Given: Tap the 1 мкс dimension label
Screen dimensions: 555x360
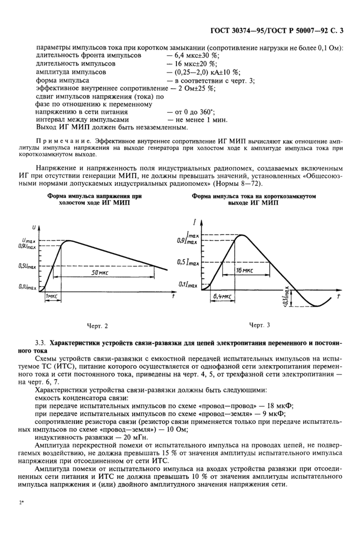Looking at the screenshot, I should click(51, 297).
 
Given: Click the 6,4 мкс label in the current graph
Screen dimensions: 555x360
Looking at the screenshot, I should click(222, 297).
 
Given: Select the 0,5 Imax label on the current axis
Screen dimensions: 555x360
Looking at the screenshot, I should click(188, 262).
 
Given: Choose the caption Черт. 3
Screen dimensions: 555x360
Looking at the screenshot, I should click(259, 325).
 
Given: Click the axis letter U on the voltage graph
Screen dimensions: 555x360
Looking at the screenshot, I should click(34, 227).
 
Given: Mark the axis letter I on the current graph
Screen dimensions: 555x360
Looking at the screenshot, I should click(195, 222).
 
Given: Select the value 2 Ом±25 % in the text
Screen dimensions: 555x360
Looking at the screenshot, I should click(194, 88).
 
